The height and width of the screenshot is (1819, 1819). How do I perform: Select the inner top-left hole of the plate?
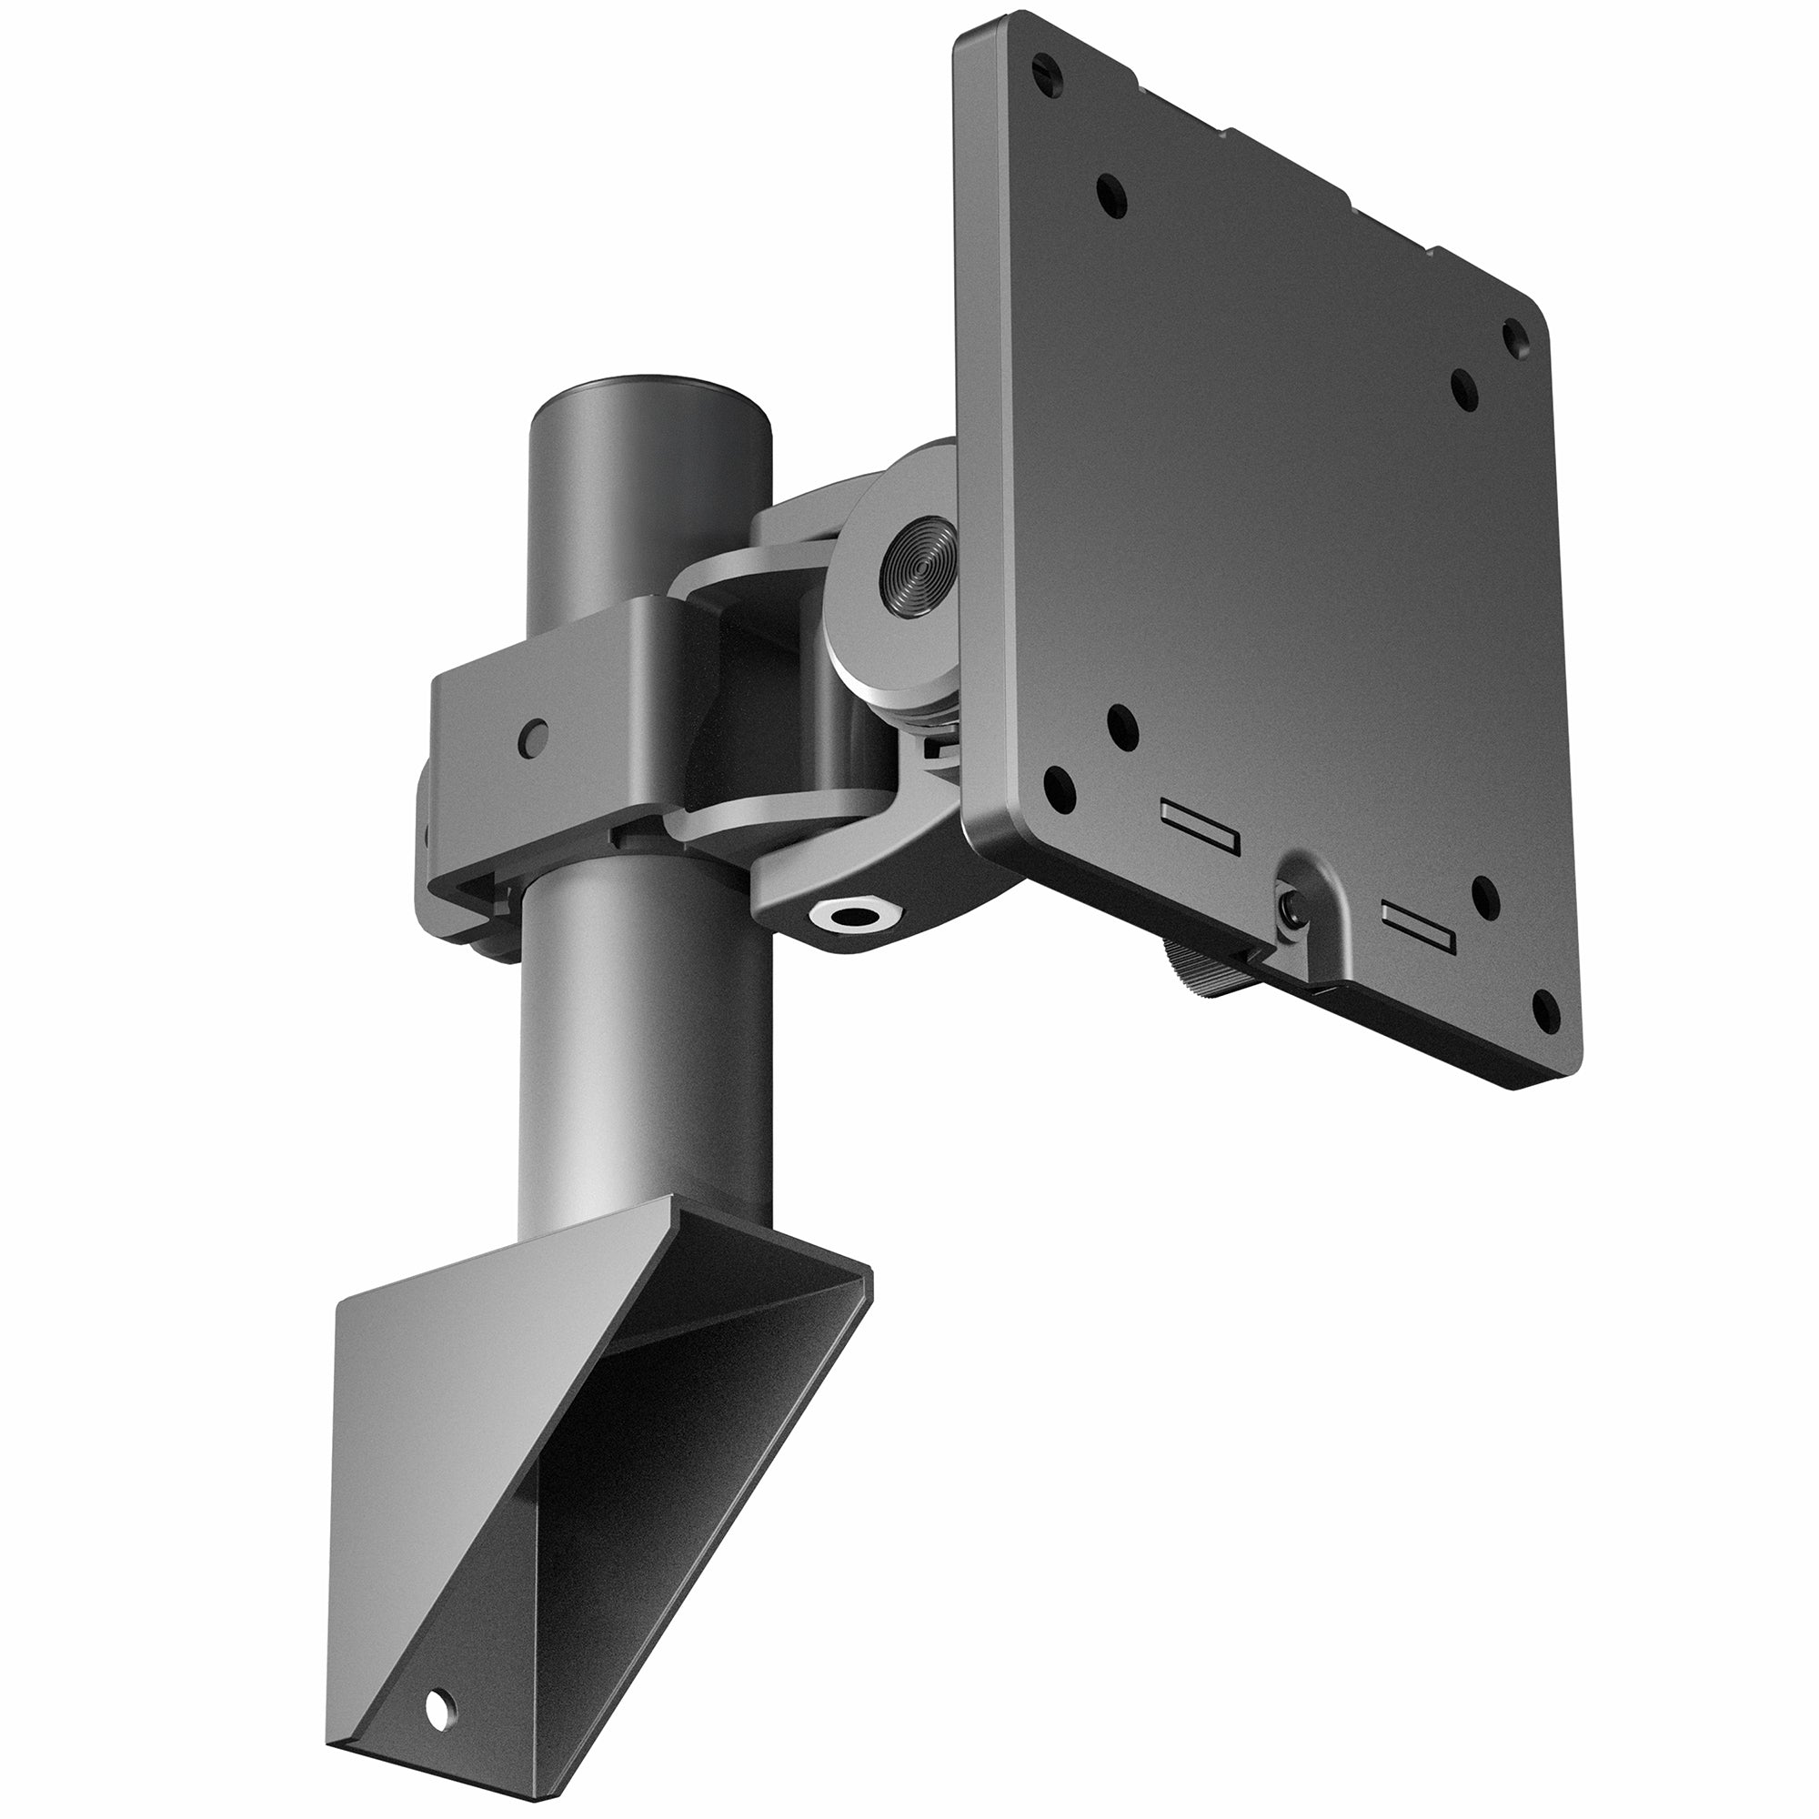point(1113,194)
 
